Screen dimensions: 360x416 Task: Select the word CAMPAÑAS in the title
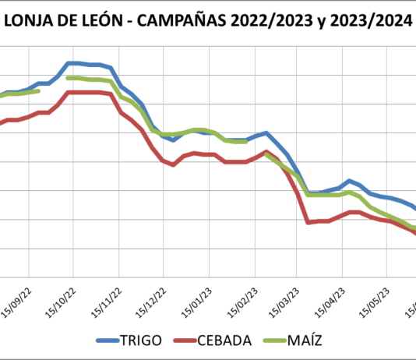[175, 21]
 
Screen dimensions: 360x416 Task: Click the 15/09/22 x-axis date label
[19, 297]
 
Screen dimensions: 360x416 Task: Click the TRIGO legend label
[141, 340]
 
